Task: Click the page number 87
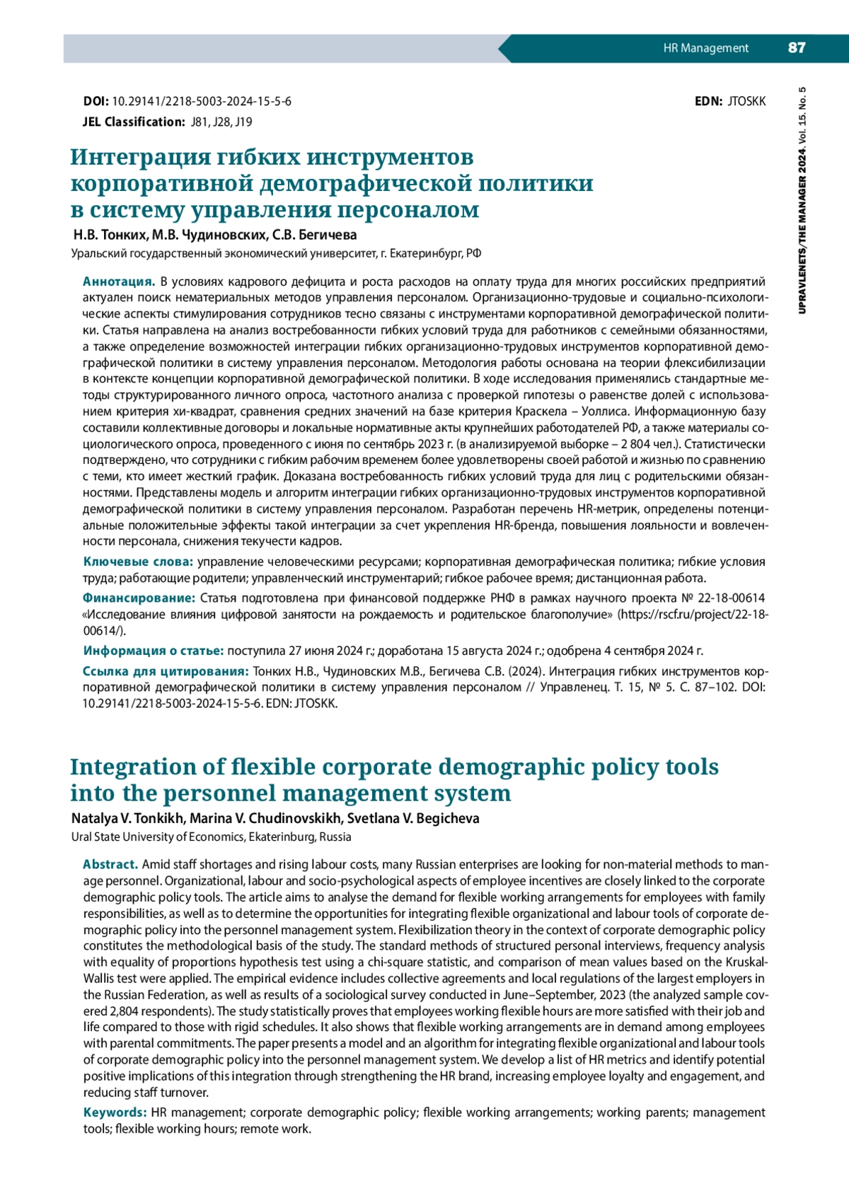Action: point(796,48)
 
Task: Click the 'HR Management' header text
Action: point(705,48)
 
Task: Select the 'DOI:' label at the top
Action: point(96,102)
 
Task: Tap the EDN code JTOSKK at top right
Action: point(746,102)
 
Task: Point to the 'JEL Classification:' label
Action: point(134,122)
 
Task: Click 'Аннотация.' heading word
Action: point(119,281)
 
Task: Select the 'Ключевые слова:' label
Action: point(138,561)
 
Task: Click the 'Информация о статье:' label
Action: point(153,651)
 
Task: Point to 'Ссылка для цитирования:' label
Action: point(166,671)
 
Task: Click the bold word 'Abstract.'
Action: point(110,864)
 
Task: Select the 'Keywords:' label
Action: point(115,1112)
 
